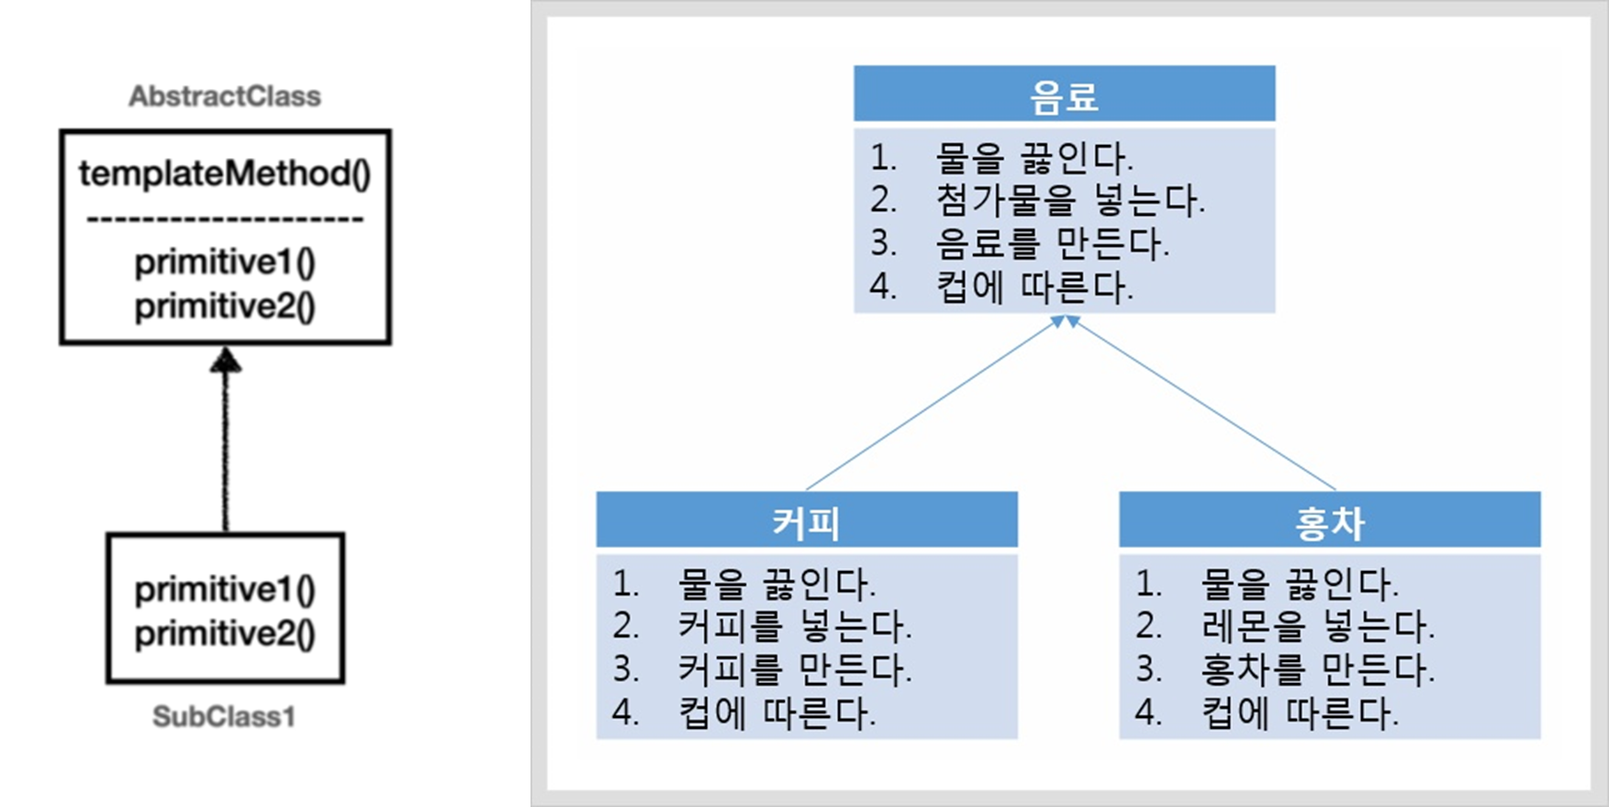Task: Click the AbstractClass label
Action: [225, 96]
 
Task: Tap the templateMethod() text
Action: [225, 174]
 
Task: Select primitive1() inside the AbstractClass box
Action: [225, 263]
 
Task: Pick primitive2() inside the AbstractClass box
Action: [225, 307]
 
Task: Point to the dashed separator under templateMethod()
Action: [225, 219]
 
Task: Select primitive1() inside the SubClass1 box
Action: [225, 589]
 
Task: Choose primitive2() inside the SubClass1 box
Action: [225, 633]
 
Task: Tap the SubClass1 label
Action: [224, 716]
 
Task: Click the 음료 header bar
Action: [1064, 94]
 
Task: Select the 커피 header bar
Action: [806, 520]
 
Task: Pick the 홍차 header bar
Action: [1329, 520]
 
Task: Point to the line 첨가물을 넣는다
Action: [1069, 200]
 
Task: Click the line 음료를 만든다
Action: [1052, 243]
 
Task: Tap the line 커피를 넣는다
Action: [795, 626]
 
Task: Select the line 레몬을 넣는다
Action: [1317, 626]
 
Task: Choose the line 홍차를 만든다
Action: [1317, 669]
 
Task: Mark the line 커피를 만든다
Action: [795, 669]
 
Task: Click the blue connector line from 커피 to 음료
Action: [932, 404]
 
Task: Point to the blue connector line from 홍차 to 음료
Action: [1202, 404]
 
